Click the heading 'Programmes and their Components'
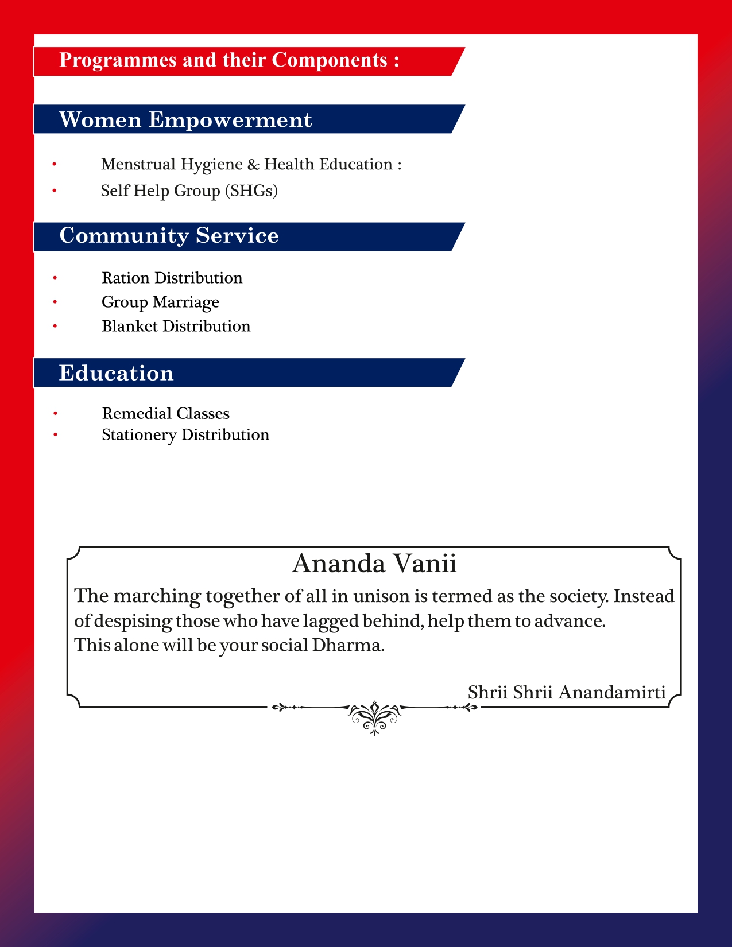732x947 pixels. pyautogui.click(x=229, y=60)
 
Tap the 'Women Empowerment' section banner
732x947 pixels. pyautogui.click(x=185, y=120)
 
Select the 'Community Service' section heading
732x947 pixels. pyautogui.click(x=169, y=236)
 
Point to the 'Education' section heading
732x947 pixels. pyautogui.click(x=116, y=373)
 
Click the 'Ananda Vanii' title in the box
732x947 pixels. pyautogui.click(x=374, y=564)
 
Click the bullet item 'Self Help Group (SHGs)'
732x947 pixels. pyautogui.click(x=189, y=191)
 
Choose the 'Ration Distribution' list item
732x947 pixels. pyautogui.click(x=172, y=278)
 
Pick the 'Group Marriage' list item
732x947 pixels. pyautogui.click(x=160, y=302)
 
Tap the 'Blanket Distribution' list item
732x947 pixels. pyautogui.click(x=176, y=326)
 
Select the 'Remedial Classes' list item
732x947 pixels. pyautogui.click(x=165, y=413)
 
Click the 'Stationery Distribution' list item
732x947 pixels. pyautogui.click(x=185, y=435)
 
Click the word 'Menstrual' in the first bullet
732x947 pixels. pyautogui.click(x=138, y=164)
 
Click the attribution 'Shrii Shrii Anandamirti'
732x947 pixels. pyautogui.click(x=566, y=692)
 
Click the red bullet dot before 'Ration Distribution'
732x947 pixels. pyautogui.click(x=55, y=278)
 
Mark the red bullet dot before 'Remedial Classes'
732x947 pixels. pyautogui.click(x=55, y=414)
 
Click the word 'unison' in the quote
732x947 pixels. pyautogui.click(x=382, y=596)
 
